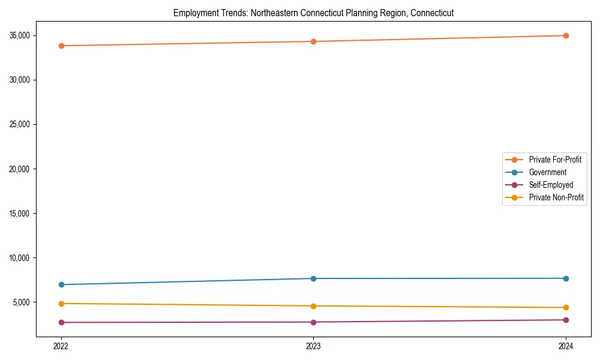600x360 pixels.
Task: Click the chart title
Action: (x=313, y=13)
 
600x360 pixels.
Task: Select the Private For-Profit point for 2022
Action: (x=61, y=46)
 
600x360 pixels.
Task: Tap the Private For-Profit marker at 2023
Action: (x=313, y=41)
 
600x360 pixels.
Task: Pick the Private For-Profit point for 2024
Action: (x=566, y=35)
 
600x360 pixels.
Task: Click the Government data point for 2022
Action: (x=61, y=284)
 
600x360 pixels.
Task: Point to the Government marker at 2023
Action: (x=313, y=278)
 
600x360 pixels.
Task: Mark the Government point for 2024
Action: (x=566, y=278)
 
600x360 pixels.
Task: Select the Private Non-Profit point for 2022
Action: (x=61, y=304)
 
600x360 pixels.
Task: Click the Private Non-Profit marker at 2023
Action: (x=313, y=306)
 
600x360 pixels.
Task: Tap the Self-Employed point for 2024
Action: (x=566, y=320)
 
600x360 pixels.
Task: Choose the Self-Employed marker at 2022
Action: (x=61, y=322)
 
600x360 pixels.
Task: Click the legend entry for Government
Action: (x=547, y=172)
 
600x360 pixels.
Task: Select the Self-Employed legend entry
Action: (x=551, y=185)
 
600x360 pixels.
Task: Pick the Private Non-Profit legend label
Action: (x=556, y=197)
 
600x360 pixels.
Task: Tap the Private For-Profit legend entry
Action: (x=555, y=160)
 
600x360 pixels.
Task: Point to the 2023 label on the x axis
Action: (x=313, y=346)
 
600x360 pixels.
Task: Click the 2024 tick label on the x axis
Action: (x=566, y=346)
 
